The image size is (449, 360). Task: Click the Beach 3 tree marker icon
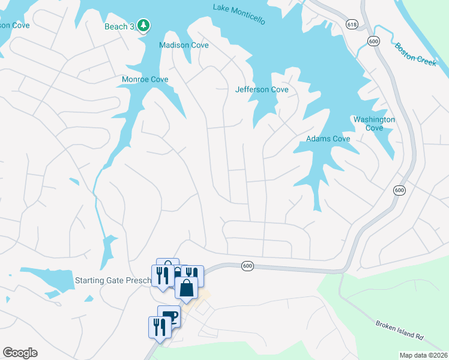143,26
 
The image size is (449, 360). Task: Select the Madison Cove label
183,45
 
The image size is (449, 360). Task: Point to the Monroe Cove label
145,79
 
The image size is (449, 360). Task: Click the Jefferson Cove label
262,89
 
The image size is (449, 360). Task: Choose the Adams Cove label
328,139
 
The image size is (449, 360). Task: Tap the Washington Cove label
374,124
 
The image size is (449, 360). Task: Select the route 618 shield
352,23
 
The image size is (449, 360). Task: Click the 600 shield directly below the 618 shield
374,41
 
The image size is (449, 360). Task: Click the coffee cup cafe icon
169,316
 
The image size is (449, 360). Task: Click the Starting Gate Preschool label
113,280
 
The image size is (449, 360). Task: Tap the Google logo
20,353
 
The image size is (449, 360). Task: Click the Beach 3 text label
116,26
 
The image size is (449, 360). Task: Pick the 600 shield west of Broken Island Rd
247,265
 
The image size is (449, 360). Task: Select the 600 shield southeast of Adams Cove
399,190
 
